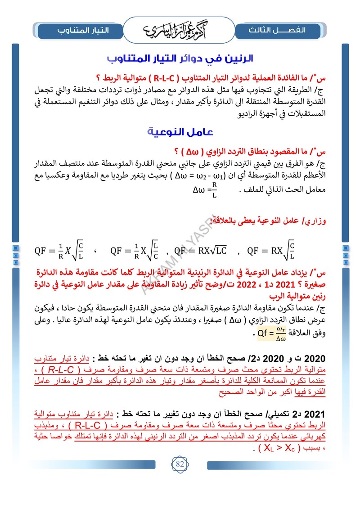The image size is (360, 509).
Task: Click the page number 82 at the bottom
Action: click(180, 464)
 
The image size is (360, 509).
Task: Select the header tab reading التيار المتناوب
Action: click(80, 30)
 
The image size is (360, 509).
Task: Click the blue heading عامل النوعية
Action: click(180, 132)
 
